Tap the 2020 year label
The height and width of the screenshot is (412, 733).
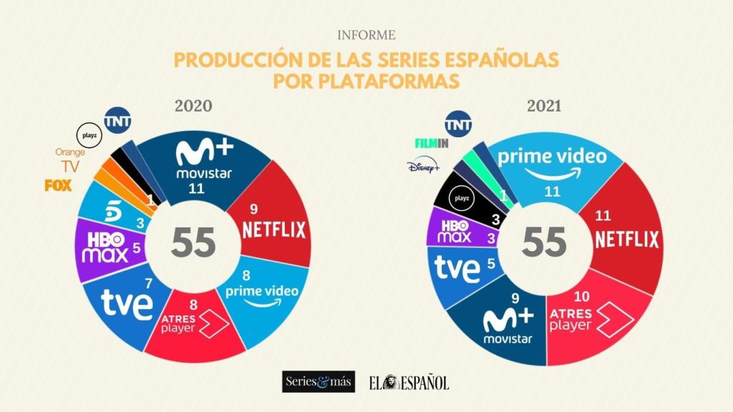pos(193,106)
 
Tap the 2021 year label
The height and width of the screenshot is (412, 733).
pos(544,106)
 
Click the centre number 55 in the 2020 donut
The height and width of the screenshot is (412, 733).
pos(194,243)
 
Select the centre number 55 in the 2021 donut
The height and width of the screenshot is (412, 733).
pos(544,243)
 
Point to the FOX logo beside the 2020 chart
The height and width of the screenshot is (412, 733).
pos(58,185)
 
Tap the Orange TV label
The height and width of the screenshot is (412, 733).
pos(69,160)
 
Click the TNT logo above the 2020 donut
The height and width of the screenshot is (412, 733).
pos(117,121)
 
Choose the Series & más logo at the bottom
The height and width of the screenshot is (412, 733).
pos(318,382)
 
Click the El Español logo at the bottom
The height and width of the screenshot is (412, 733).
pos(409,382)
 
